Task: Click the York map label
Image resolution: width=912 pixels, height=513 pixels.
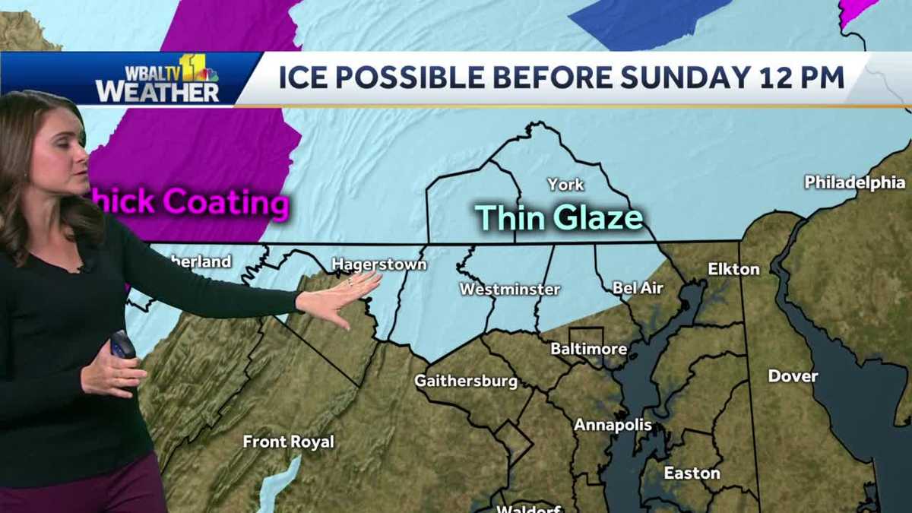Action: [565, 185]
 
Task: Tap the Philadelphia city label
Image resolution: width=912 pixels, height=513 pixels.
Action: [854, 182]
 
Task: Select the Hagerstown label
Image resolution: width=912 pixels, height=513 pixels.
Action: [378, 264]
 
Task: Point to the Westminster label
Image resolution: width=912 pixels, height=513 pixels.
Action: [509, 290]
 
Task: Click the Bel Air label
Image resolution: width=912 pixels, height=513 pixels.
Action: [638, 288]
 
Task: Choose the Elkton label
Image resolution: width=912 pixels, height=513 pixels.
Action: [733, 269]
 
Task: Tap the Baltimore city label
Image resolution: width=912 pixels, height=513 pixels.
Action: [589, 350]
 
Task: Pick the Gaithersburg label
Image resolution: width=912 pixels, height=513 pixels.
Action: [466, 382]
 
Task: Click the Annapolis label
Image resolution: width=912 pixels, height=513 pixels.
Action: [613, 425]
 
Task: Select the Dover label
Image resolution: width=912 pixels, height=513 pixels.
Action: [793, 376]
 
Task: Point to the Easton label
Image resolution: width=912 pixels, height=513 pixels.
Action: [692, 473]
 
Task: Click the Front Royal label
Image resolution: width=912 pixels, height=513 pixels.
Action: [288, 442]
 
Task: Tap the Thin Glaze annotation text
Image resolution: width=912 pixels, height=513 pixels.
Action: [559, 217]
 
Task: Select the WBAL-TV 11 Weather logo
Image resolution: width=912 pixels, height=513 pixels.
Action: [157, 79]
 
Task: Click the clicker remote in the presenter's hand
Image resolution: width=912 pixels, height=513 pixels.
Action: [122, 345]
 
